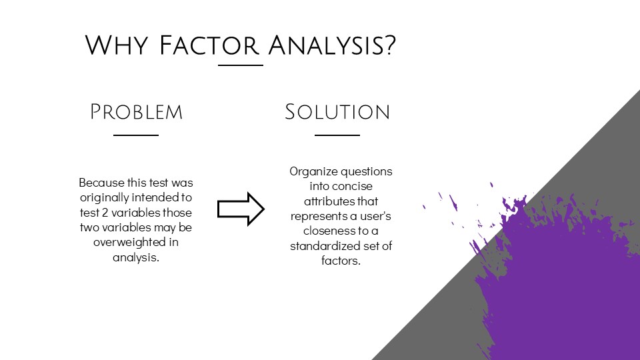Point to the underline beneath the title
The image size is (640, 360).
(x=241, y=65)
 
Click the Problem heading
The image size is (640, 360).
(x=136, y=112)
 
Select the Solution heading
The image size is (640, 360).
(x=337, y=112)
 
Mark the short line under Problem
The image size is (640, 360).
(x=136, y=135)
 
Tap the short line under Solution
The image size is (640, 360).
(x=337, y=135)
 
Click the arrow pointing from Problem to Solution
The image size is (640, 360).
(x=241, y=209)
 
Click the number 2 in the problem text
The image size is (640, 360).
(x=105, y=213)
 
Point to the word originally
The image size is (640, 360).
(x=105, y=197)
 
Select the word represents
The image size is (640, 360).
(x=319, y=216)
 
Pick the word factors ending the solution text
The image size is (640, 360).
(x=341, y=261)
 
